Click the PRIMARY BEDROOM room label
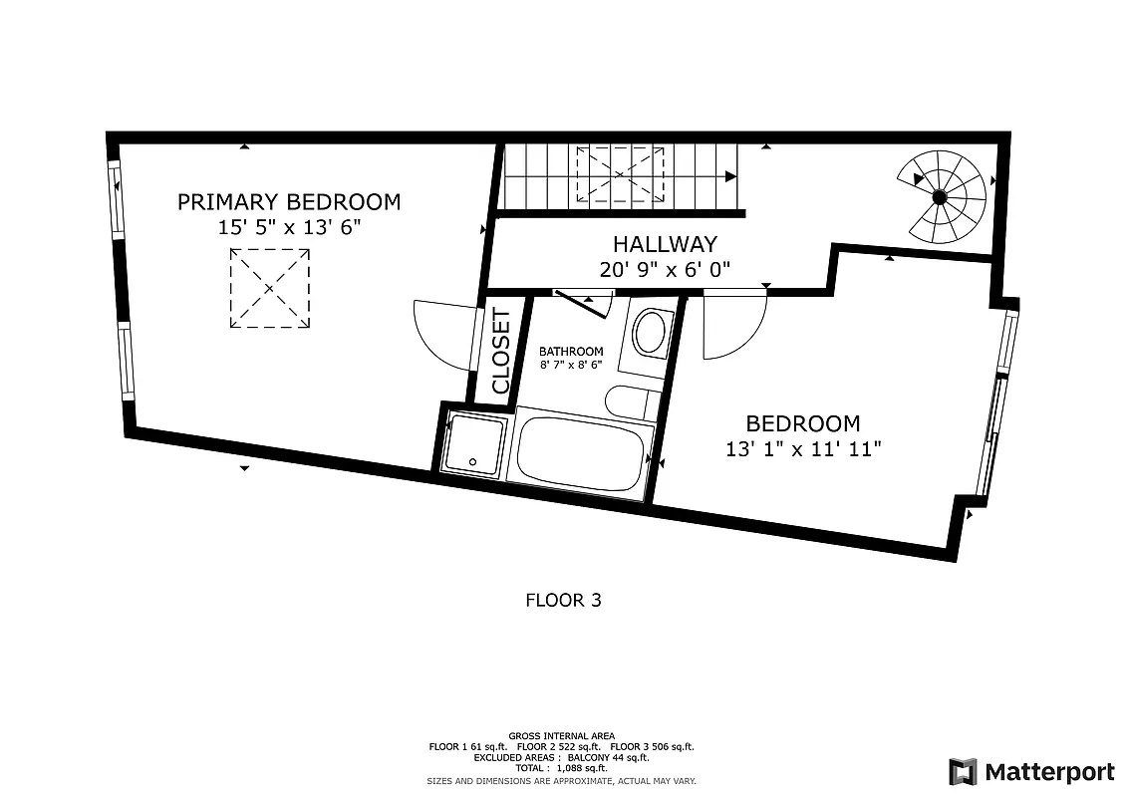pos(288,202)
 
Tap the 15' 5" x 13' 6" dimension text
pos(288,227)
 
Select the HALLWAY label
pos(665,244)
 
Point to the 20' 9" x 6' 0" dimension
pos(665,269)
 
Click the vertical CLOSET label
pos(501,351)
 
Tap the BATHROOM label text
pos(571,352)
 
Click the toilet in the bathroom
pos(649,334)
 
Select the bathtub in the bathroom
pos(581,452)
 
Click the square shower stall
pos(474,441)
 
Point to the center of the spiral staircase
pos(939,197)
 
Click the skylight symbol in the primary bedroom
pos(270,289)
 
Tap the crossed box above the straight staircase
pos(620,174)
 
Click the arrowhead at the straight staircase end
pos(731,176)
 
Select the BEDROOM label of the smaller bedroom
pos(803,423)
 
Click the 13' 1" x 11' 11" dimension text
pos(803,449)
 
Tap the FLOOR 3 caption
pos(563,600)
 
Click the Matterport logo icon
pos(963,772)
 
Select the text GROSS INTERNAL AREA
pos(561,736)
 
